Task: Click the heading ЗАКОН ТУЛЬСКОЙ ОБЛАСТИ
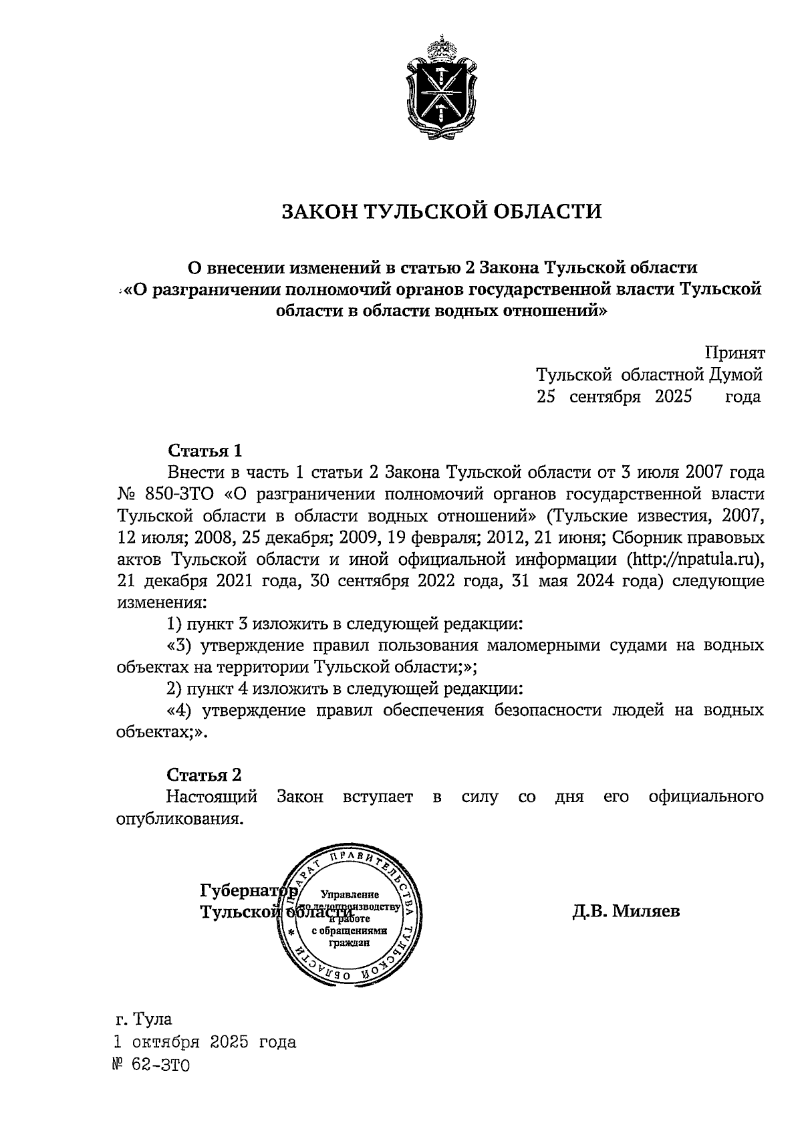[441, 212]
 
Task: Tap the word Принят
[734, 353]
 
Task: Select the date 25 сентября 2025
[614, 396]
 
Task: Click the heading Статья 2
[204, 775]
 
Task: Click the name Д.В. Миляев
[626, 910]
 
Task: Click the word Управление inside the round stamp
[350, 894]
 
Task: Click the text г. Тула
[143, 1020]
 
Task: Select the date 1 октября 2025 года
[205, 1042]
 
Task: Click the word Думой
[736, 374]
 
